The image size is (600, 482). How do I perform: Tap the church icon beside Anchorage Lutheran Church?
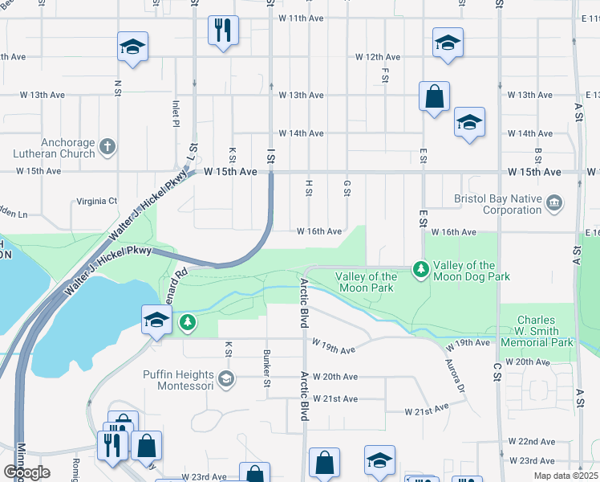point(109,147)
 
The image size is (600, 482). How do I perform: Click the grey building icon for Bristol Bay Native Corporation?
point(554,203)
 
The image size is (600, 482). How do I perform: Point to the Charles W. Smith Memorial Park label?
point(536,331)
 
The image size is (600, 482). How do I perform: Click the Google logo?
point(26,472)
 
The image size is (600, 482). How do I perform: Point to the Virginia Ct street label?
point(96,201)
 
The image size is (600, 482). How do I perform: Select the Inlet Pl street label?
point(176,113)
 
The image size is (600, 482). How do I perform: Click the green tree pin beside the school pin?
point(188,322)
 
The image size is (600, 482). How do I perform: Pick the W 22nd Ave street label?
point(531,442)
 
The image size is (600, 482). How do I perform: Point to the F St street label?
point(386,75)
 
